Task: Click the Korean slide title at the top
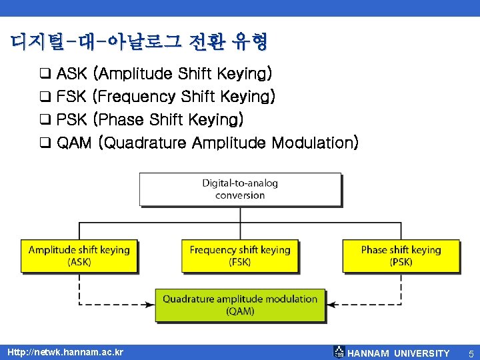(139, 43)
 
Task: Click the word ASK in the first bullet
(71, 73)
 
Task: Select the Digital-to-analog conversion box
(240, 189)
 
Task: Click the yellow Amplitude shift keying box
(79, 256)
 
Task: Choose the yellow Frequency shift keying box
(240, 256)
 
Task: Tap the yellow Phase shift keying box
(401, 256)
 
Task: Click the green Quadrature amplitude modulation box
(240, 305)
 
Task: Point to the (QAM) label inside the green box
(240, 311)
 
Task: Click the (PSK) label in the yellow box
(401, 262)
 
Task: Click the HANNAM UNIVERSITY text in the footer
(399, 353)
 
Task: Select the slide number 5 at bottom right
(471, 353)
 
